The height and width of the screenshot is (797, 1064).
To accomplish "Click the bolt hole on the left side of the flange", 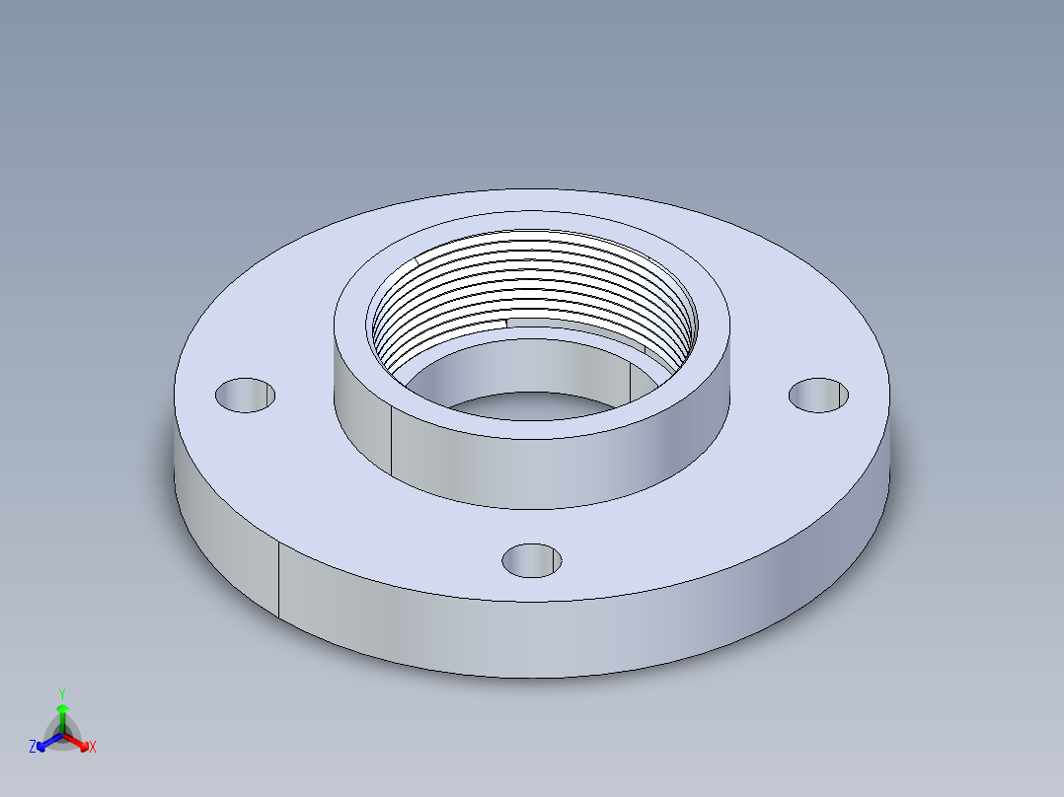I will coord(245,395).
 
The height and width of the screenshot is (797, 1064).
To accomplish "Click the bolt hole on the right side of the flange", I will coord(819,394).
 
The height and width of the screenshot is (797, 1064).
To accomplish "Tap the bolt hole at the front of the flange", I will coord(532,560).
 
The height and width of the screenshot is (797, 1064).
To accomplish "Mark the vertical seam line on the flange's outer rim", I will coord(279,580).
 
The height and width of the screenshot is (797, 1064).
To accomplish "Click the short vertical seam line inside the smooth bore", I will coord(631,380).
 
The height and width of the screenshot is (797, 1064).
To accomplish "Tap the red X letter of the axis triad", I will coord(93,747).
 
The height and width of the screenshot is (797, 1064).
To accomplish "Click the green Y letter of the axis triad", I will coord(62,693).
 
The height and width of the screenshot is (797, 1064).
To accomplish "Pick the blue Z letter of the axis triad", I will coord(33,747).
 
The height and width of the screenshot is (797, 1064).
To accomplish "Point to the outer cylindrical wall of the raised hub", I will coord(553,464).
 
